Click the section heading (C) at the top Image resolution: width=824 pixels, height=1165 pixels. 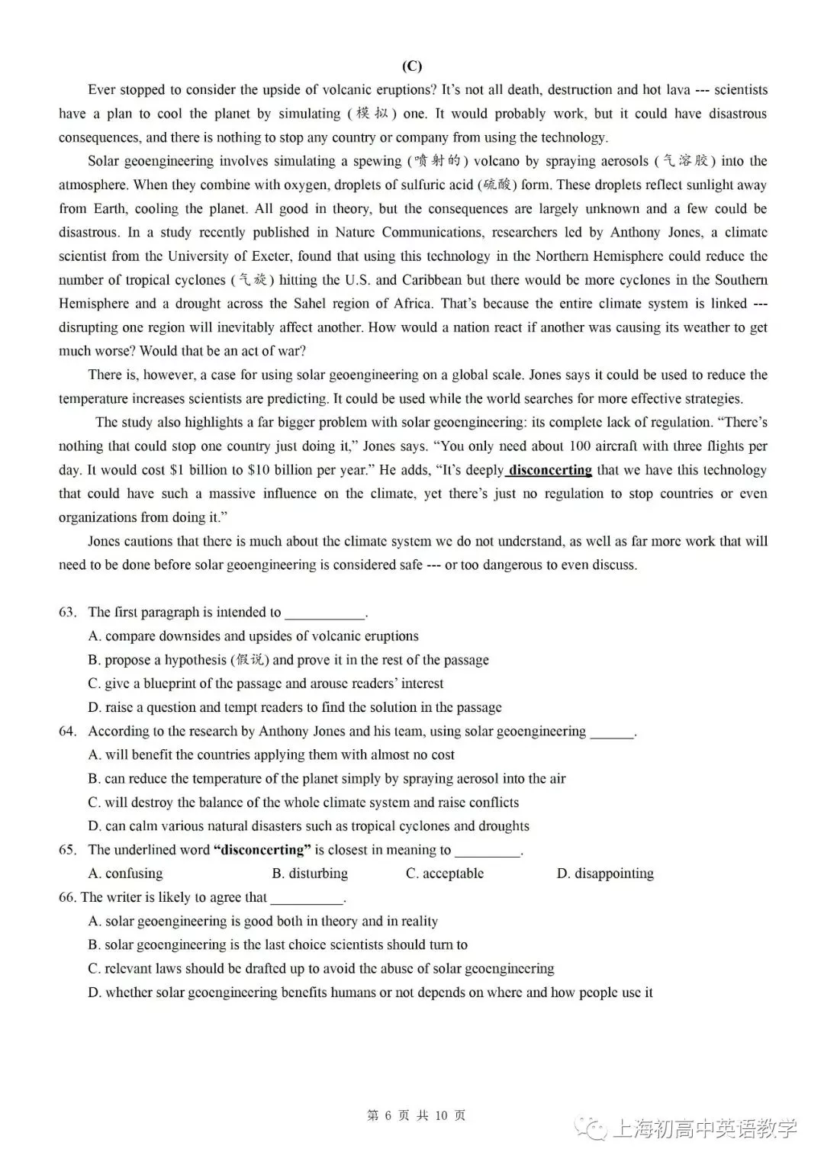(x=412, y=66)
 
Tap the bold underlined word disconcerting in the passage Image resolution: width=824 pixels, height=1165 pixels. (x=550, y=470)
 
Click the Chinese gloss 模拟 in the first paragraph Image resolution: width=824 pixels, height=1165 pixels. (x=373, y=114)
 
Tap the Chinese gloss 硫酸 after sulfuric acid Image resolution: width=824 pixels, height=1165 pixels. (x=497, y=185)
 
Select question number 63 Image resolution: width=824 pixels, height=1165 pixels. (x=67, y=613)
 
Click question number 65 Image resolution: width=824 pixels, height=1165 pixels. (x=67, y=850)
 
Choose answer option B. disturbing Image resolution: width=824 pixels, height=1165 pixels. (x=310, y=874)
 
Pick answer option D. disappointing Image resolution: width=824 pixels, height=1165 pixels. (x=605, y=874)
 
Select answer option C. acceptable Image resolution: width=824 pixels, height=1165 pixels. (x=445, y=874)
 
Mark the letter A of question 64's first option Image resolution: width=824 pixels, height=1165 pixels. (x=95, y=755)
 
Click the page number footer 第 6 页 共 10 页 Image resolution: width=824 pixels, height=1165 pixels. (x=417, y=1115)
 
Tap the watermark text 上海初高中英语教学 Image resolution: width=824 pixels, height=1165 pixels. (x=704, y=1128)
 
